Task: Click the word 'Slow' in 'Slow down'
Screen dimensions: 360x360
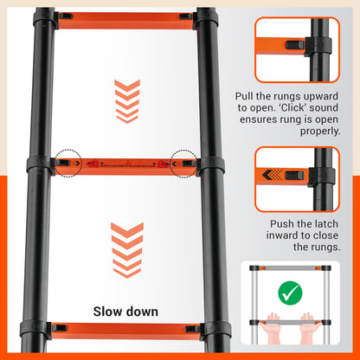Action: (111, 311)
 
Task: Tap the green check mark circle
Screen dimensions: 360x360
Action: (289, 292)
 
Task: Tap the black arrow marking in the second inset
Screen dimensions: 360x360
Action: (271, 177)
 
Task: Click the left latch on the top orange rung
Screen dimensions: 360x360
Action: (65, 16)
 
